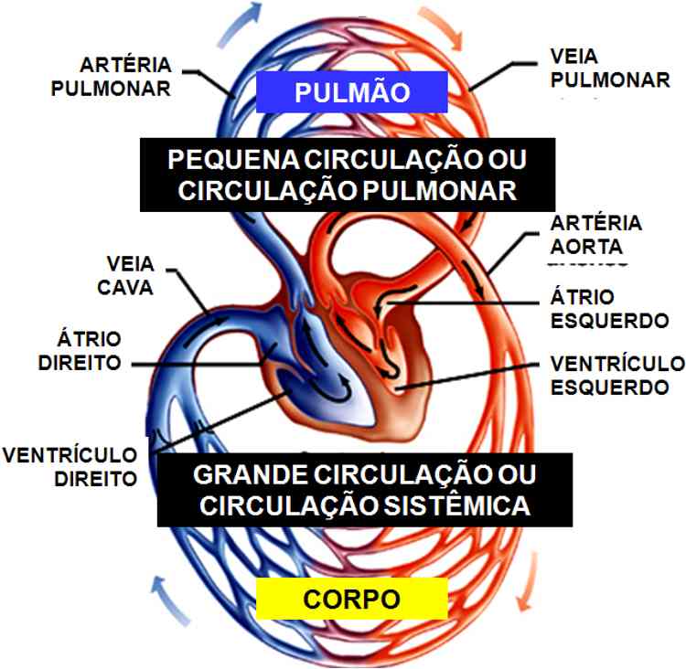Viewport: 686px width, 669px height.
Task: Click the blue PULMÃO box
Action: pos(350,92)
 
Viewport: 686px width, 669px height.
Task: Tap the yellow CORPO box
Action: pos(351,600)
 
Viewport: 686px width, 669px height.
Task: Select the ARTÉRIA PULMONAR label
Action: pos(125,77)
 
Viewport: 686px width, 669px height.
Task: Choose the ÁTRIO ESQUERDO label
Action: pos(610,309)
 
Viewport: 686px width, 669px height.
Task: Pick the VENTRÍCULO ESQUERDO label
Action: pos(617,375)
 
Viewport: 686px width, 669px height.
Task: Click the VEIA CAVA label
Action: pos(125,275)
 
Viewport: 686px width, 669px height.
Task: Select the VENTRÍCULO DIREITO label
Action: pos(70,465)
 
